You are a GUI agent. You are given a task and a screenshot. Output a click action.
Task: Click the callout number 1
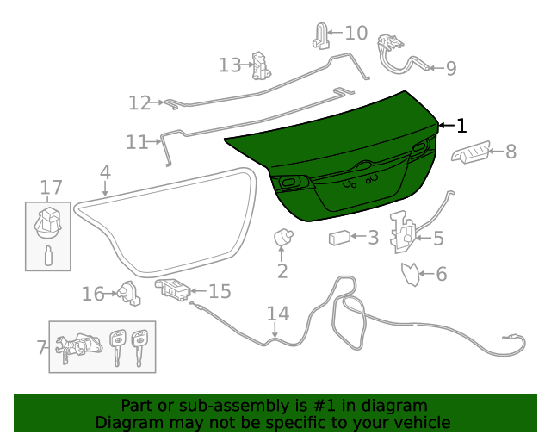461,126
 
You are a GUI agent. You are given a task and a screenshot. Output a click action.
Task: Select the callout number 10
356,34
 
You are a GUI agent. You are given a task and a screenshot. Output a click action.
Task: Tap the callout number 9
450,68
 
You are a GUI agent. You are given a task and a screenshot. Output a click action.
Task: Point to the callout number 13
230,65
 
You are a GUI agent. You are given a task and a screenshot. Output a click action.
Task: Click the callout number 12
139,103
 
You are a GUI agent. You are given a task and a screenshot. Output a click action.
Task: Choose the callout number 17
52,187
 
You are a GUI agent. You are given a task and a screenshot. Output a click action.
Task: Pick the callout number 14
278,314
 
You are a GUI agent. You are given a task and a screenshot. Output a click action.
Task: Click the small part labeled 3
339,238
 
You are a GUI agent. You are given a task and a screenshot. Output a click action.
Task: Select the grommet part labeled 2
282,237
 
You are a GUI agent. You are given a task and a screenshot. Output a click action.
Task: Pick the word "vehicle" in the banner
418,423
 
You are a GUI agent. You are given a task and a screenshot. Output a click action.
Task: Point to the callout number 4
105,171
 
